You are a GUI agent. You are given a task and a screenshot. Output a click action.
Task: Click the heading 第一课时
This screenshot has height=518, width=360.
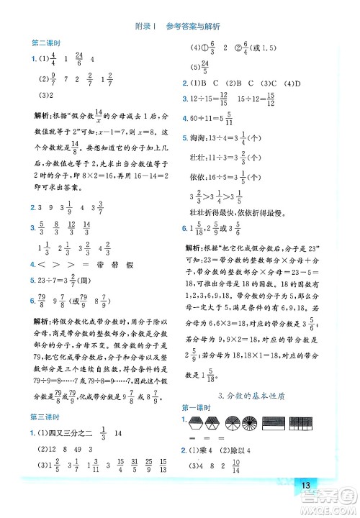click(x=197, y=409)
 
